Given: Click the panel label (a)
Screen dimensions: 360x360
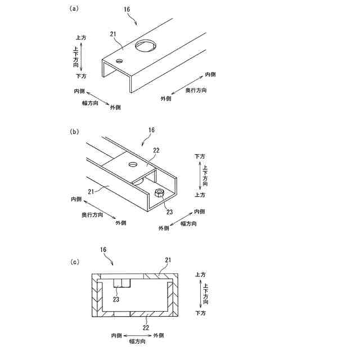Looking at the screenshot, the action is click(74, 8).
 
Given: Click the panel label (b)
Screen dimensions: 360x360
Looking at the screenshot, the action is click(74, 132).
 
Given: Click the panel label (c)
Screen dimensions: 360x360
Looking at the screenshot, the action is click(74, 262).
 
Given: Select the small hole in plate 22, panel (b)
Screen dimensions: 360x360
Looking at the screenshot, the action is click(133, 164).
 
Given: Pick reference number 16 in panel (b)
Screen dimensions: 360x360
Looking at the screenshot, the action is click(151, 130).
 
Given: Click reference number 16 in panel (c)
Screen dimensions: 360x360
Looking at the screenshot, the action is click(103, 249).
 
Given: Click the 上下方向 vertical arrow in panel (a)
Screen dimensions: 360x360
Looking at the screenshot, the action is click(82, 56).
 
